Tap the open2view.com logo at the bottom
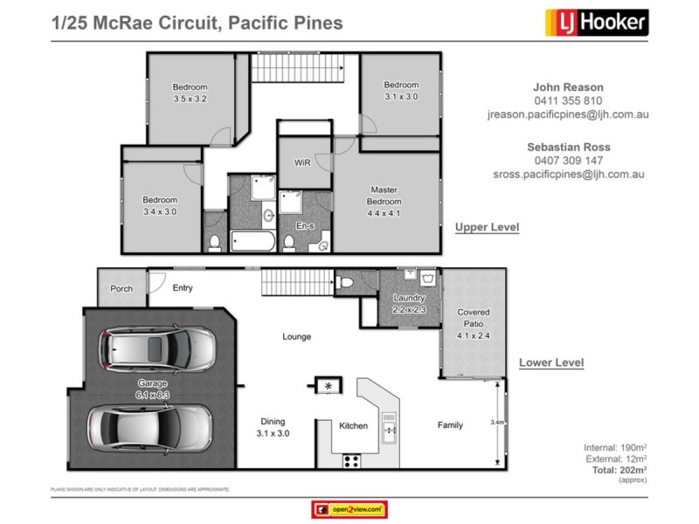(349, 508)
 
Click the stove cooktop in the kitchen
(354, 459)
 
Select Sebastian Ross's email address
(568, 174)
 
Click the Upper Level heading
(487, 227)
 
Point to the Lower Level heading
(550, 362)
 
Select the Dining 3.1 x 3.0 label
(273, 427)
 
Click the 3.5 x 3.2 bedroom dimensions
(190, 100)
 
